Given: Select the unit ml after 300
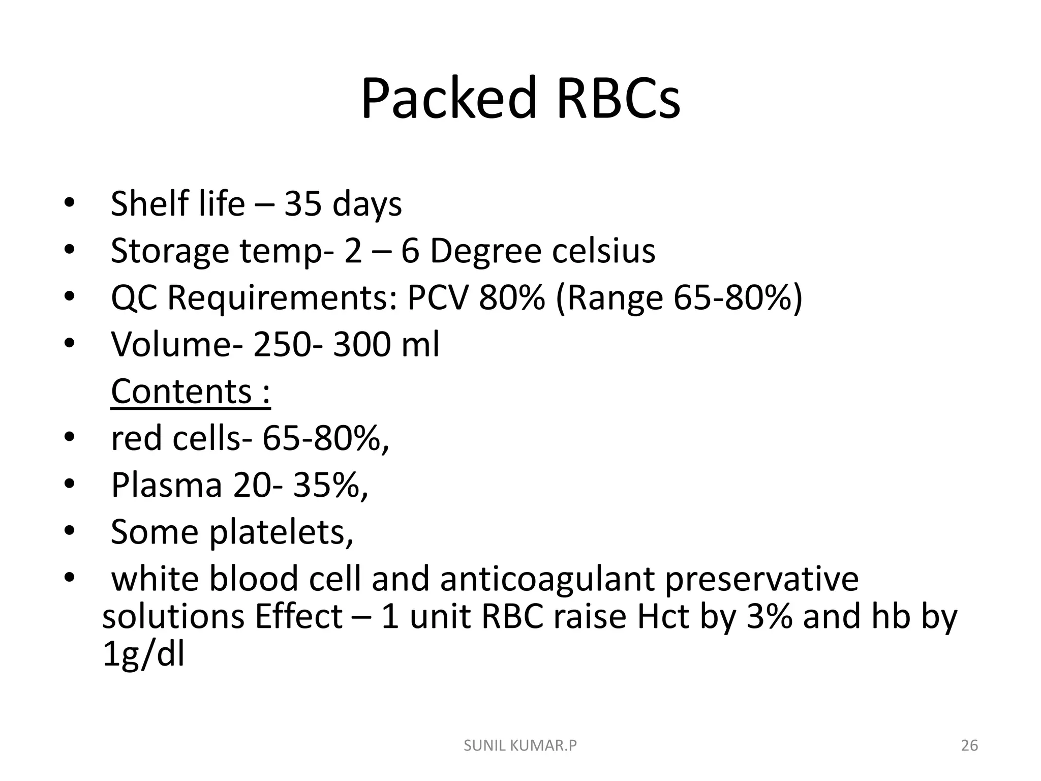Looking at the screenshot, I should click(x=420, y=344).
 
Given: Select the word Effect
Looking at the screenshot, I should click(x=299, y=616).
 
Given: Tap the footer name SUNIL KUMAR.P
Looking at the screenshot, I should click(x=520, y=745).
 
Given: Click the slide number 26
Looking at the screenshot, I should click(x=969, y=745).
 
